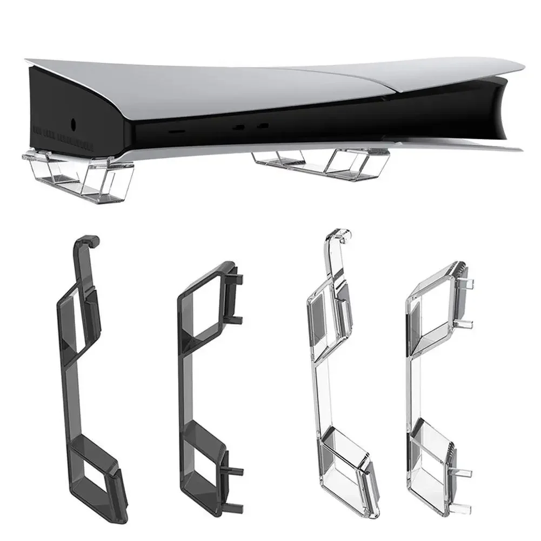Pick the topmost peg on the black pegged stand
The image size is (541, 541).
click(x=238, y=279)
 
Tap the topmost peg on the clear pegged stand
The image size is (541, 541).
click(x=469, y=283)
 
